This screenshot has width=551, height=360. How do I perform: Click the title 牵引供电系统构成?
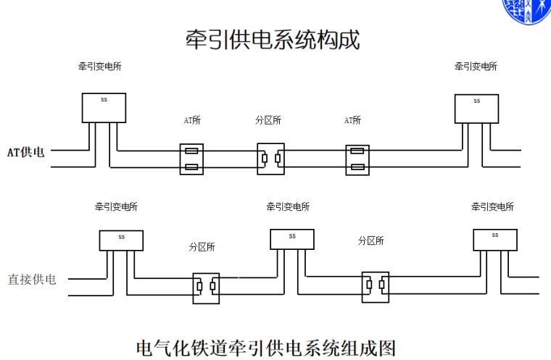pyautogui.click(x=273, y=39)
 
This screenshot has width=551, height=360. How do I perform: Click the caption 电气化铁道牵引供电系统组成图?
pyautogui.click(x=266, y=348)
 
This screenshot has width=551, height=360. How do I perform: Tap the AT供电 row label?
pyautogui.click(x=25, y=152)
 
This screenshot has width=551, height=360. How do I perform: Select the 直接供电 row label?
pyautogui.click(x=32, y=279)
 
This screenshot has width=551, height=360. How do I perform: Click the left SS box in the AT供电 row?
pyautogui.click(x=104, y=107)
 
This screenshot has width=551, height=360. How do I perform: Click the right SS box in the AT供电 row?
pyautogui.click(x=476, y=108)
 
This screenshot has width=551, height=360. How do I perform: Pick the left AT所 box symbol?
pyautogui.click(x=191, y=159)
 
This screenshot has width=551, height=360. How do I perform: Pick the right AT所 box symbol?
pyautogui.click(x=357, y=159)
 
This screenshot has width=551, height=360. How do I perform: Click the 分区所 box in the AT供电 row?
pyautogui.click(x=271, y=159)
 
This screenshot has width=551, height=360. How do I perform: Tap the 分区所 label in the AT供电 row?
pyautogui.click(x=268, y=120)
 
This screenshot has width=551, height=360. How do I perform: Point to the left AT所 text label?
pyautogui.click(x=191, y=120)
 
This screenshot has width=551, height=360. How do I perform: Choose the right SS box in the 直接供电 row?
pyautogui.click(x=495, y=239)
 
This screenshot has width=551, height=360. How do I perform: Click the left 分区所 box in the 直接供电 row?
pyautogui.click(x=207, y=287)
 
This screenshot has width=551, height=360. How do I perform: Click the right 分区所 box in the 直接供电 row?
pyautogui.click(x=376, y=287)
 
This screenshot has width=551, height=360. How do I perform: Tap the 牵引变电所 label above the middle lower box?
pyautogui.click(x=288, y=207)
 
